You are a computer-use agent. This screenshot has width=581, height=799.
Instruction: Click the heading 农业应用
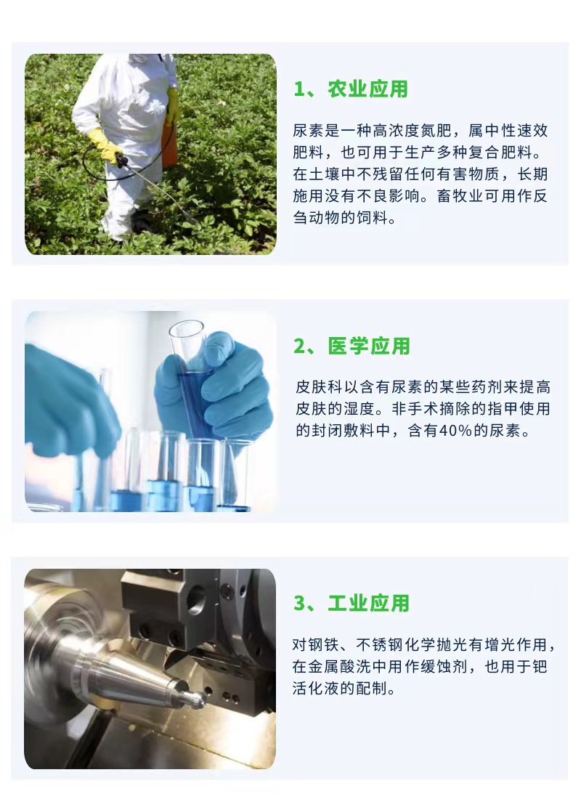pos(368,89)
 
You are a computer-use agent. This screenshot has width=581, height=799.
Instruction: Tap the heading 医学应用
pos(369,346)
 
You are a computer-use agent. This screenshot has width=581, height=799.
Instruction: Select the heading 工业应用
pos(369,604)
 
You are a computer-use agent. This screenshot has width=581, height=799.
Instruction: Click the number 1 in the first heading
pos(299,89)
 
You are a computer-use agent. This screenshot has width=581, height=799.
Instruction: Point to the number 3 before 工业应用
pos(299,604)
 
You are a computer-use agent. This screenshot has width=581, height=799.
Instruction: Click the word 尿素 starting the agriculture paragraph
pos(306,131)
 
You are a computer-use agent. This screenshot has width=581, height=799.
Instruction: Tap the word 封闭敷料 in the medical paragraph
pos(341,431)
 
